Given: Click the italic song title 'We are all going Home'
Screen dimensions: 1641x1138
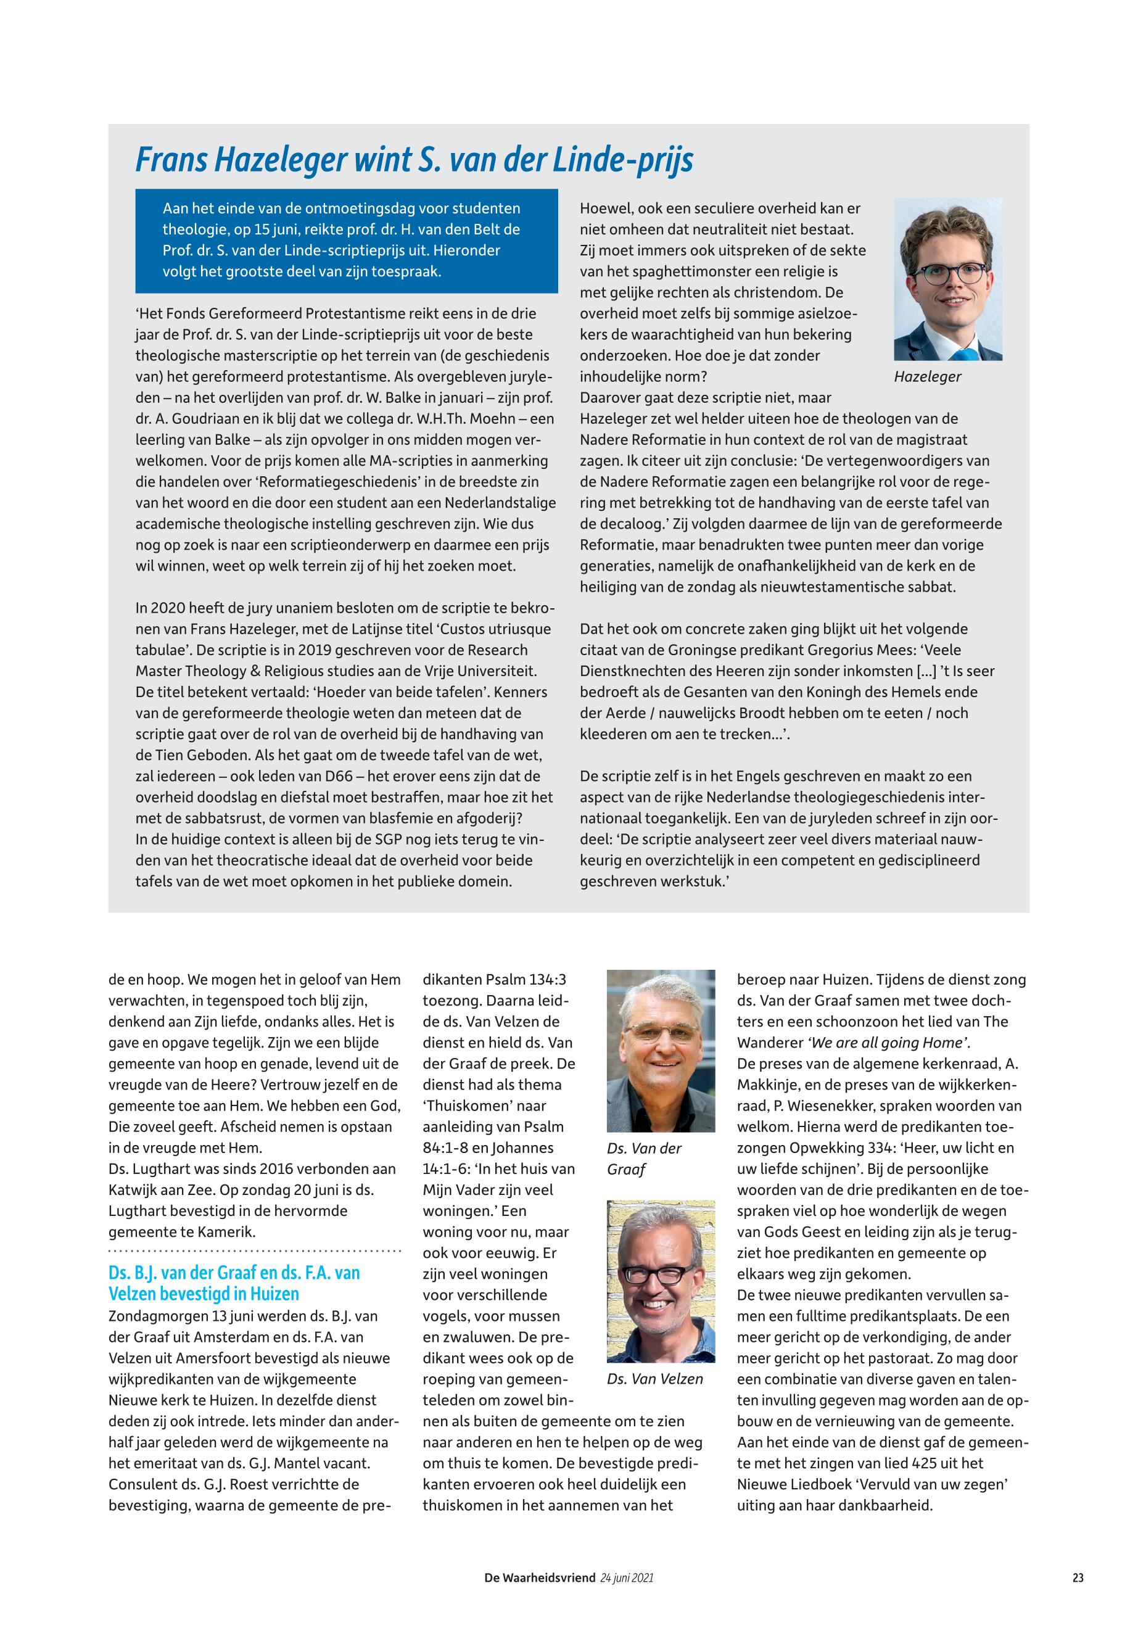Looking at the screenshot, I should click(x=887, y=1043).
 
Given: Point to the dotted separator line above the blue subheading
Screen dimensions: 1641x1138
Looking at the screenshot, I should click(x=255, y=1251).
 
